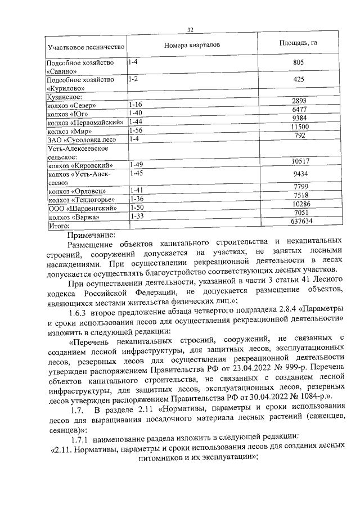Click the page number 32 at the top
coord(190,30)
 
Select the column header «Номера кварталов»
coord(192,44)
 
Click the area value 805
coord(299,64)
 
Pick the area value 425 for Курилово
coord(299,80)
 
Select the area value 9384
coord(299,118)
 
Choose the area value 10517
coord(299,161)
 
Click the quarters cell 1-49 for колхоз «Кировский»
coord(136,165)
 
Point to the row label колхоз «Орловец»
coord(77,191)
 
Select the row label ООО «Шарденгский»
coord(82,209)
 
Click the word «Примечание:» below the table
coord(91,235)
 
